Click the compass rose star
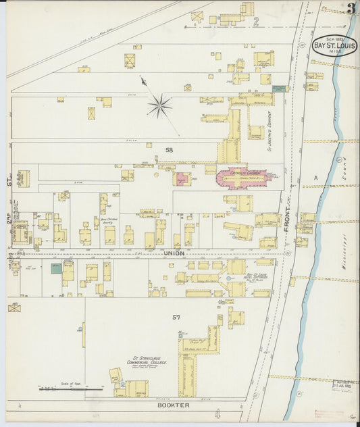point(160,105)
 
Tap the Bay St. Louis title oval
point(335,45)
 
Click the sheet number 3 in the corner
point(351,9)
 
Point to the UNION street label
point(174,253)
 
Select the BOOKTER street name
point(174,405)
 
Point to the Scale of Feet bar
point(71,388)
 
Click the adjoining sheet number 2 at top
point(256,21)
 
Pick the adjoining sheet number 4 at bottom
point(217,413)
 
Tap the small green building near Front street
point(278,88)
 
